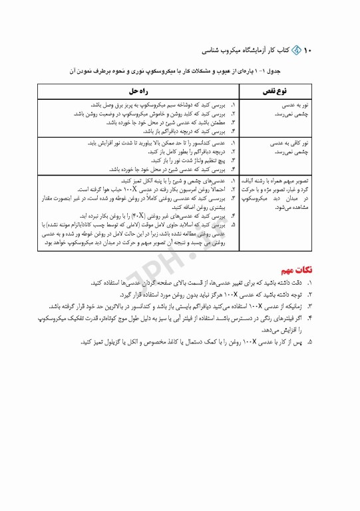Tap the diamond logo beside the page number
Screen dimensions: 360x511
coord(296,50)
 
